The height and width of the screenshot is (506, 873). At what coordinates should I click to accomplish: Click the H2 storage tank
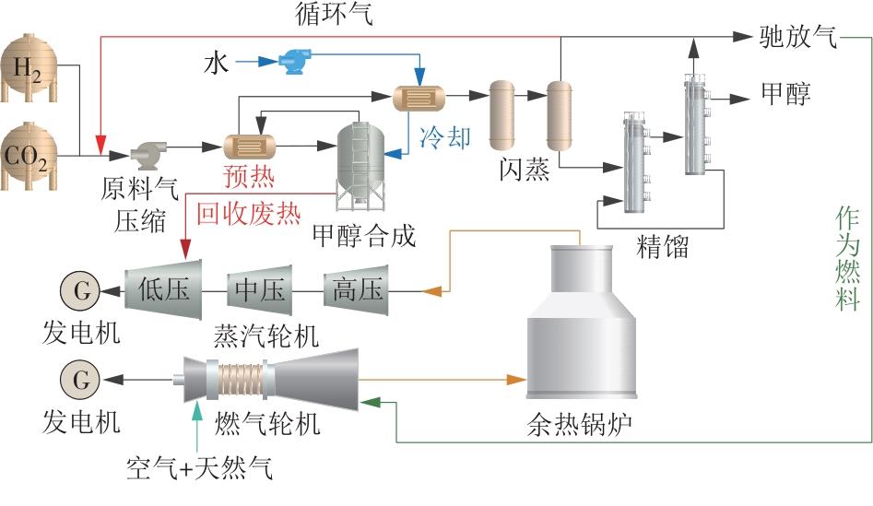point(29,69)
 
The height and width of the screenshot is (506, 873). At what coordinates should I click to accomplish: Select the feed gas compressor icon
point(147,152)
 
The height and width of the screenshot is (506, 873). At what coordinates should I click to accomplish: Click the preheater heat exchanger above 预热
point(252,147)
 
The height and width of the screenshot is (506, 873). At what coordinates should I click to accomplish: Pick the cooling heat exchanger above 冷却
point(419,96)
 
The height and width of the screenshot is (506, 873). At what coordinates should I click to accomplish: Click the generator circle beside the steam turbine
point(80,290)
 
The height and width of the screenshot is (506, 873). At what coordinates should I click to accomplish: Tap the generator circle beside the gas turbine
point(80,379)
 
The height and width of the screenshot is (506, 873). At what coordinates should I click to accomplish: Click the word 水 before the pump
point(216,63)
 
